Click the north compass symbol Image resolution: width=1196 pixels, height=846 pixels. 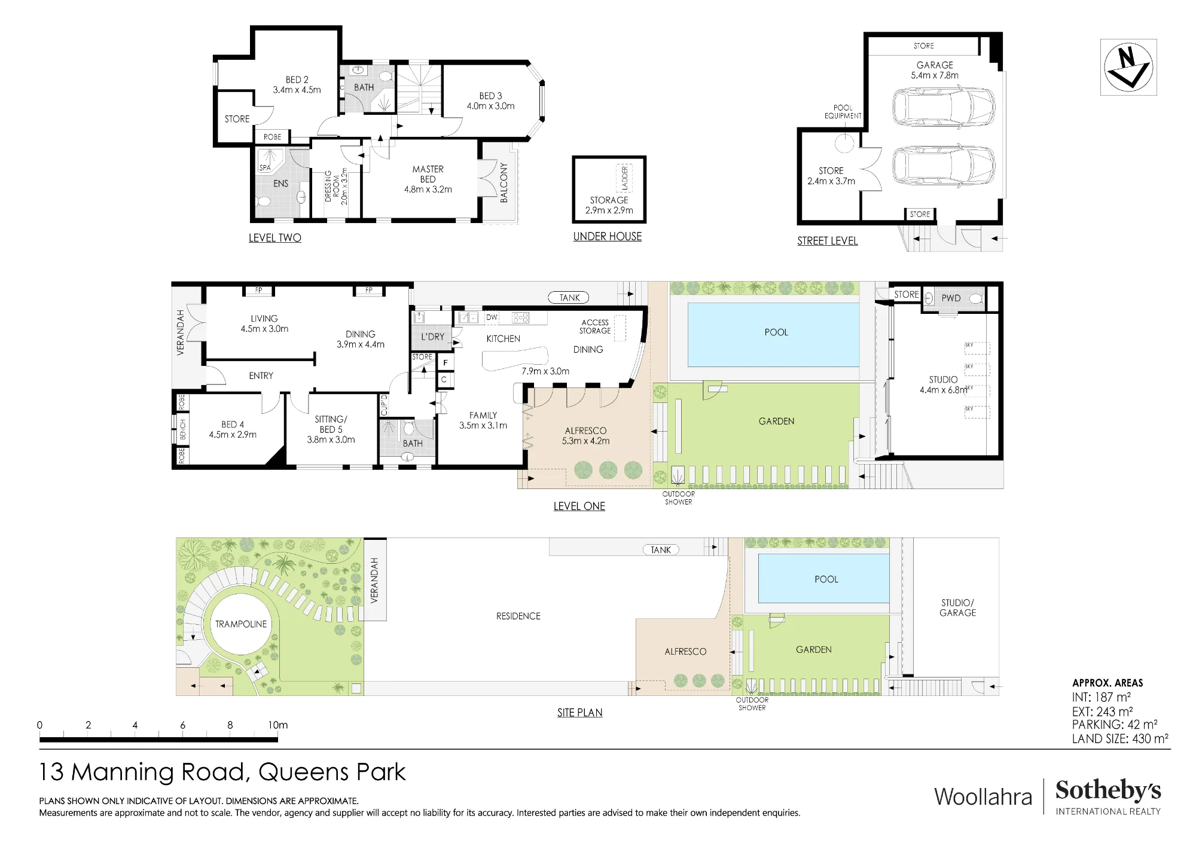click(1128, 67)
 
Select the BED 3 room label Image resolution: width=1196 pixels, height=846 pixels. click(490, 101)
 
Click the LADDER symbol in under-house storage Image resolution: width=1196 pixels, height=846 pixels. click(624, 178)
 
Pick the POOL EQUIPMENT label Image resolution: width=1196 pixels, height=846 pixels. click(843, 112)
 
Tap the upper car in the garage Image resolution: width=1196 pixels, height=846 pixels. click(944, 108)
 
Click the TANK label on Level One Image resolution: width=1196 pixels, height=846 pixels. click(569, 297)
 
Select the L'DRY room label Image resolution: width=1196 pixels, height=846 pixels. click(432, 337)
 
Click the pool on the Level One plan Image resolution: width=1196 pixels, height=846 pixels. click(773, 334)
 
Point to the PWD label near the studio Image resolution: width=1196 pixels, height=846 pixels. click(951, 298)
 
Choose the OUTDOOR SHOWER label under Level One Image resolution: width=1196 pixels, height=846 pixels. click(679, 498)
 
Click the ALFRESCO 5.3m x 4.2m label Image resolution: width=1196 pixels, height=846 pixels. click(585, 436)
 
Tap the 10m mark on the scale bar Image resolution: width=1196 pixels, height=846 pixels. click(277, 725)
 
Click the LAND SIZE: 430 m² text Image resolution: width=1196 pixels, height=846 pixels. click(1120, 738)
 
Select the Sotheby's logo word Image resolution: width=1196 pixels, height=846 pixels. click(1108, 790)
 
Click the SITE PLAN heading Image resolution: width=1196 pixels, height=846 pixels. click(579, 713)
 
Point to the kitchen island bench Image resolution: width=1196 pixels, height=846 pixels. click(515, 359)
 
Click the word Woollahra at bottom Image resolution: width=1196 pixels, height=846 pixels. click(983, 796)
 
